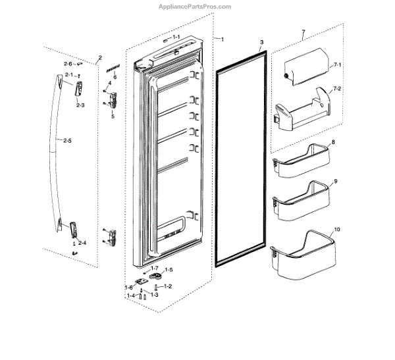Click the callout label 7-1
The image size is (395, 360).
pos(336,66)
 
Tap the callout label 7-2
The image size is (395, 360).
pos(337,88)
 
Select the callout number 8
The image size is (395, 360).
pos(333,141)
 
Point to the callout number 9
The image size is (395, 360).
pos(335,181)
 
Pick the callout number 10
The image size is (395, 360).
pos(338,230)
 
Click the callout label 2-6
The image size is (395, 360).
pos(68,64)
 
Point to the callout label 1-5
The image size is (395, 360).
pos(169,270)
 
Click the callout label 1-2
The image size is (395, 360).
pos(168,286)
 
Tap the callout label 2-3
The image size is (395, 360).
pos(80,105)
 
